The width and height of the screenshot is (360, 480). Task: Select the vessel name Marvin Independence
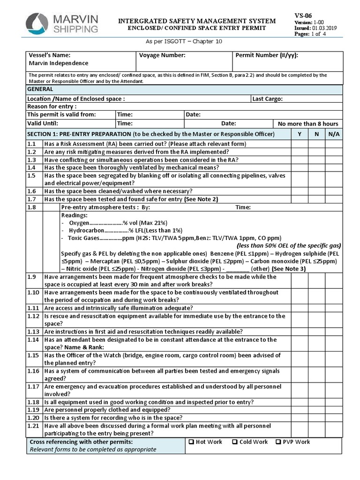coord(58,63)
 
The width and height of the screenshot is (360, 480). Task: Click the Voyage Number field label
coord(162,55)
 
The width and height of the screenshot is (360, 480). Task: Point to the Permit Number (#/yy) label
coord(266,55)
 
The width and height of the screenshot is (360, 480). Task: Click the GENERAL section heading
coord(40,89)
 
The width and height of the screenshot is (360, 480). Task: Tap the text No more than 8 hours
coord(307,124)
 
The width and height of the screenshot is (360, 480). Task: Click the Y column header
coord(299,134)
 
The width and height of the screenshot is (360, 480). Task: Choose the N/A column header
coord(334,134)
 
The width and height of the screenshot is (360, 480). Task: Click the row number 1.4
coord(31,167)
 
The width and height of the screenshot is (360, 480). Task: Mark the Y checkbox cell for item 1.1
coord(299,144)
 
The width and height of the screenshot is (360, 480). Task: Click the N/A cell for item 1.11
coord(334,308)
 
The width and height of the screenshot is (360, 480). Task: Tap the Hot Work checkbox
coord(191,442)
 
